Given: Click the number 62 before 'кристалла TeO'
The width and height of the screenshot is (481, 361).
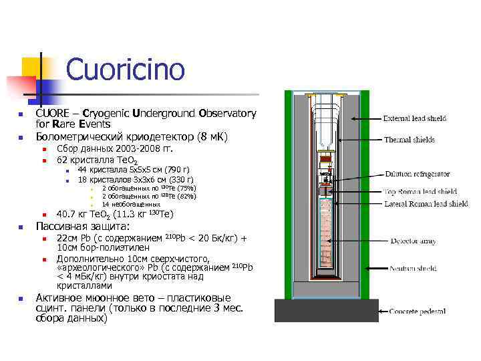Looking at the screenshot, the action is point(62,161).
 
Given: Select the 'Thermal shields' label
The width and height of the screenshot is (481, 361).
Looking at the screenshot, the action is point(409,140).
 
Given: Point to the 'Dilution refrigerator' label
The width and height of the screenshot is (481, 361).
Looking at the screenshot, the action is point(417,174).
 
